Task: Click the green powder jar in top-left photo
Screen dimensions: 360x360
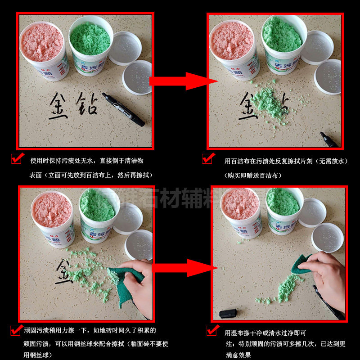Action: pos(90,45)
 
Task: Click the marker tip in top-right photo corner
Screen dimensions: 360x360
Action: pos(328,139)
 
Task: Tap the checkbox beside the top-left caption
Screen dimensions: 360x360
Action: pos(17,158)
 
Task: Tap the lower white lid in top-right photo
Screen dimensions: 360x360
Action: pos(327,76)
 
